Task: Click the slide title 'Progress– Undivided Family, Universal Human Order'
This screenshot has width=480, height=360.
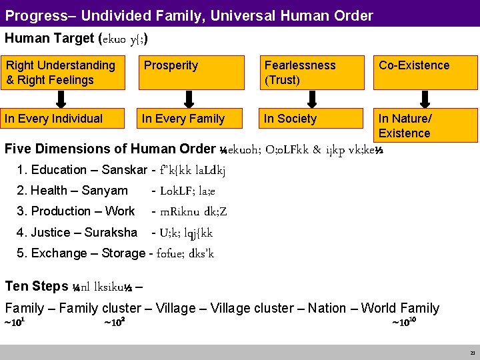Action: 190,15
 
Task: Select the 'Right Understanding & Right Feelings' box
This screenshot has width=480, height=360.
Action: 62,73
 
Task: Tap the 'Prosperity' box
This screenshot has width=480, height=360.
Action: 189,73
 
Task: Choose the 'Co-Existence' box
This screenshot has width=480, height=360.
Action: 425,73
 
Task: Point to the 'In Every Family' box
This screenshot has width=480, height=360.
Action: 189,119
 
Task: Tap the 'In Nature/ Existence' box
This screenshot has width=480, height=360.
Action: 425,125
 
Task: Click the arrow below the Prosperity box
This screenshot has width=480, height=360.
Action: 189,99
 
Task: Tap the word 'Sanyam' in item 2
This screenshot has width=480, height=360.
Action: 105,191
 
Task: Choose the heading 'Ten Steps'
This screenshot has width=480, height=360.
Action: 36,287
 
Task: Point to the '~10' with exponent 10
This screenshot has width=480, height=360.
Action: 404,323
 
